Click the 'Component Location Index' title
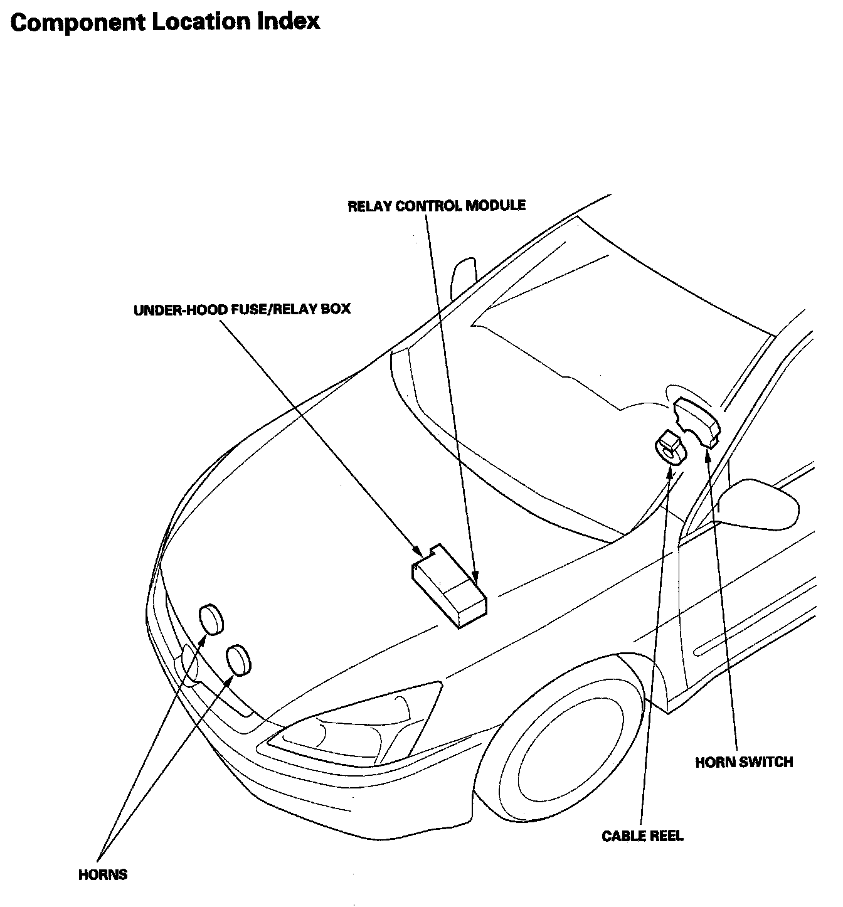coord(165,23)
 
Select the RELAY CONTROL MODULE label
coord(437,206)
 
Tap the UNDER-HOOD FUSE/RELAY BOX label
coord(242,310)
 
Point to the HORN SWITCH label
coord(744,762)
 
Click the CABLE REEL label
coord(642,836)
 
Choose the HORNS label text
coord(103,874)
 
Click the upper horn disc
coord(211,620)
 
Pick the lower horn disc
coord(238,660)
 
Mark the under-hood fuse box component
coord(448,586)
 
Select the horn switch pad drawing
coord(697,423)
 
